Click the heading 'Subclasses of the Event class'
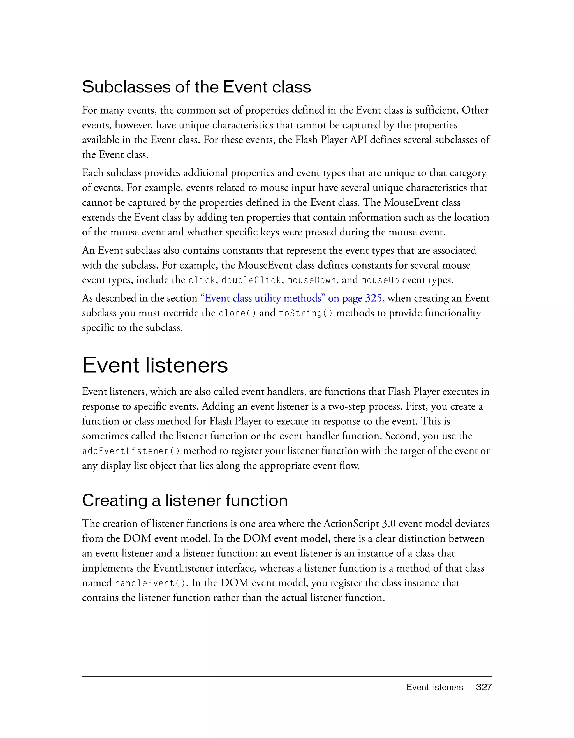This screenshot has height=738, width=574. point(196,87)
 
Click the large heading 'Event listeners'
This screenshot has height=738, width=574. point(155,365)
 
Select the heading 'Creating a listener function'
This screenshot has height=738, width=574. point(184,500)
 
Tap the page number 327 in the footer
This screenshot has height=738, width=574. point(483,687)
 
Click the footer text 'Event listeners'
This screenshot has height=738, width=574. point(434,687)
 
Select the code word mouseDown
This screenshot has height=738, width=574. point(311,280)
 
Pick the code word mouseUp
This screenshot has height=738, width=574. point(380,280)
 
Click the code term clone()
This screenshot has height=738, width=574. point(237,313)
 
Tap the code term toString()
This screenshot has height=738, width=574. point(306,313)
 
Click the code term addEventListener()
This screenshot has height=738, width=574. point(131,451)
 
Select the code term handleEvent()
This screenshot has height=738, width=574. point(150,583)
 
